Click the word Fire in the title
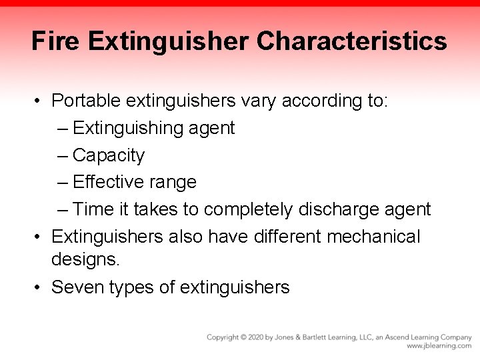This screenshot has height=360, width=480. pyautogui.click(x=55, y=41)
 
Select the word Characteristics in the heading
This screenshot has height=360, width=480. pyautogui.click(x=352, y=41)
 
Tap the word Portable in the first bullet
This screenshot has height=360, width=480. pyautogui.click(x=85, y=101)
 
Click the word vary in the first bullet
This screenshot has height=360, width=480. pyautogui.click(x=259, y=101)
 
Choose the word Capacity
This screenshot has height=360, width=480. pyautogui.click(x=108, y=155)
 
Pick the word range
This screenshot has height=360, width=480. pyautogui.click(x=175, y=183)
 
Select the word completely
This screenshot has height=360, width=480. pyautogui.click(x=247, y=210)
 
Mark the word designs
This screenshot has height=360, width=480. pyautogui.click(x=85, y=259)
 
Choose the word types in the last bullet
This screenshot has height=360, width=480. pyautogui.click(x=132, y=288)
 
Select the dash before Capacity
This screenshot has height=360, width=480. pyautogui.click(x=63, y=155)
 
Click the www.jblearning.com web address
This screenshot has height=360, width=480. pyautogui.click(x=439, y=347)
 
